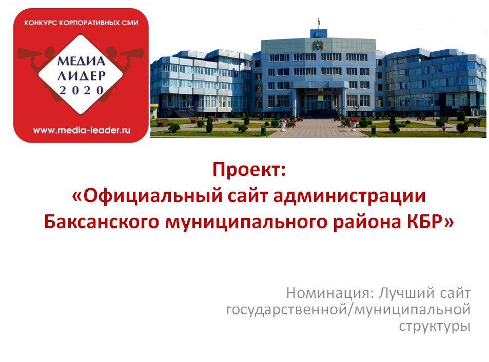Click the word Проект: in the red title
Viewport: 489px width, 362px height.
pos(249,170)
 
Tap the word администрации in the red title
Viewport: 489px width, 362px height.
pos(349,196)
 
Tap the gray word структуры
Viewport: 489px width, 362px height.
pos(435,327)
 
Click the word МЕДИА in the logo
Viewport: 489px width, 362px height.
pos(81,61)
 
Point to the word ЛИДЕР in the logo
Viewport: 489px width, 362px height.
pos(82,76)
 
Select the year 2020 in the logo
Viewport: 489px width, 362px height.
pos(82,90)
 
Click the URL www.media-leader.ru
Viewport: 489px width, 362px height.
pos(82,130)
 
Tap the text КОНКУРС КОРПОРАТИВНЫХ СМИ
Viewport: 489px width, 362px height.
pos(81,23)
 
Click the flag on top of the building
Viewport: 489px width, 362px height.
pos(319,22)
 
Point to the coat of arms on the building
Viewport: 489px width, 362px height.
pos(318,46)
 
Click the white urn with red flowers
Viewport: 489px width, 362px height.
pos(354,124)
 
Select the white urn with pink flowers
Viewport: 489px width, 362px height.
pos(283,124)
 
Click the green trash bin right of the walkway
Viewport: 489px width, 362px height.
pos(374,130)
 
